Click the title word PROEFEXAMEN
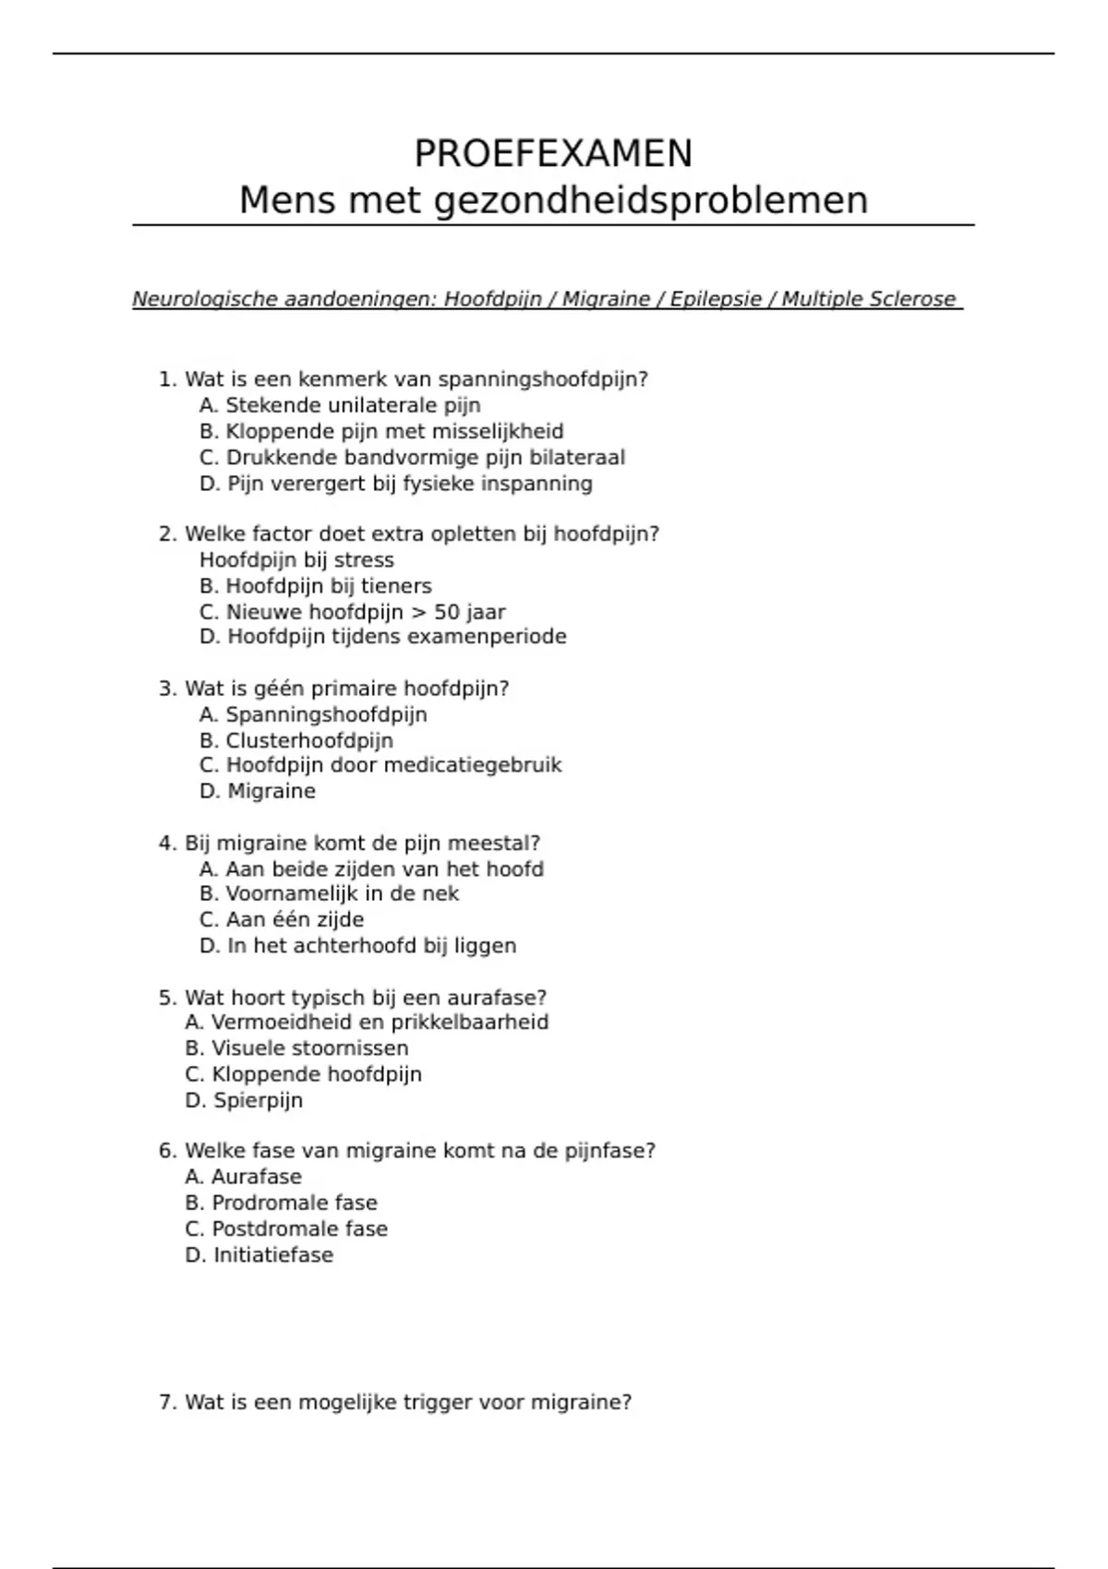point(553,153)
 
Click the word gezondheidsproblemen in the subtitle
point(650,200)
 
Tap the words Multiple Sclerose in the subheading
point(868,299)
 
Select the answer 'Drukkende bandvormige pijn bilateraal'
point(412,458)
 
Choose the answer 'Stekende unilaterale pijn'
point(340,405)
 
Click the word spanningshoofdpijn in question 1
point(543,379)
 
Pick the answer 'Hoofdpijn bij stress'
point(296,560)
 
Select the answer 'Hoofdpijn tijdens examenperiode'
point(382,637)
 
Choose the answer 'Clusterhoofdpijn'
point(296,740)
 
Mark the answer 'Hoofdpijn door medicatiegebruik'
point(380,765)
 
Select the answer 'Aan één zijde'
point(282,920)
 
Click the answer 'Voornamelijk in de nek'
point(329,893)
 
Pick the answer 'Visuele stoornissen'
point(296,1048)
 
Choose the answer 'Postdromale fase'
point(286,1229)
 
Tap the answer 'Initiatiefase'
point(259,1255)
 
